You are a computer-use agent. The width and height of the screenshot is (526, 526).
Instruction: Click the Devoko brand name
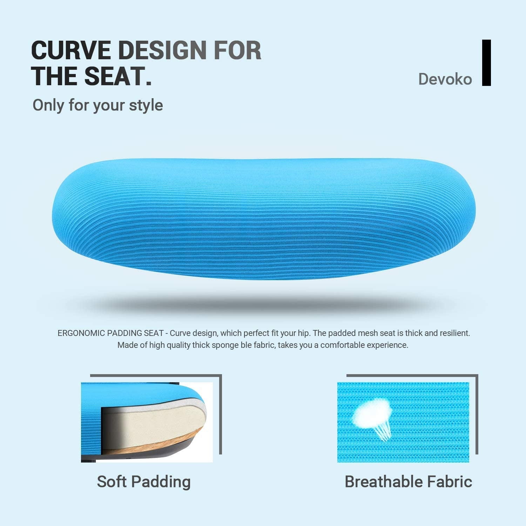tap(445, 79)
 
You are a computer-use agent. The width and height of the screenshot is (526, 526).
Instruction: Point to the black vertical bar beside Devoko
tap(486, 63)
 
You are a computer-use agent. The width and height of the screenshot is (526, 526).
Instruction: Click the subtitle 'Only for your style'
tap(98, 105)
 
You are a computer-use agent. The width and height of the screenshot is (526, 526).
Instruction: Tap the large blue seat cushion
tap(263, 219)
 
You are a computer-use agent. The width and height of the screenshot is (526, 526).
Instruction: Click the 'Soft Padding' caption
tap(144, 481)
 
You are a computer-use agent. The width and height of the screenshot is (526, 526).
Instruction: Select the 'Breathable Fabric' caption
tap(408, 481)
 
